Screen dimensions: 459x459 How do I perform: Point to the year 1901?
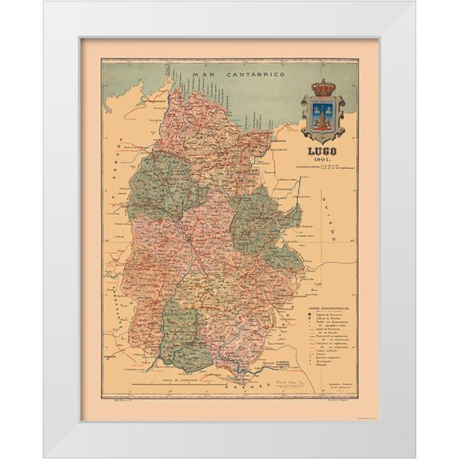(x=323, y=159)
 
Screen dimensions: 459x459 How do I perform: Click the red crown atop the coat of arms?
(x=323, y=86)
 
